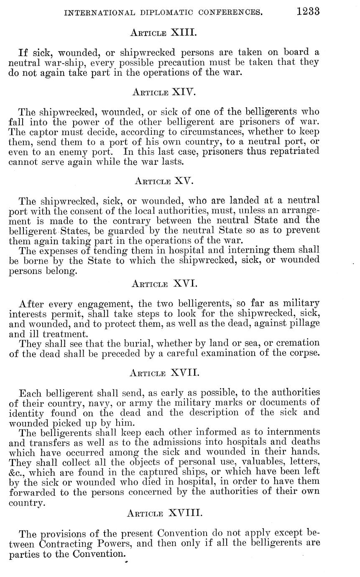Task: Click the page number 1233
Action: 308,11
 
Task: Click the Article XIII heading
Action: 163,32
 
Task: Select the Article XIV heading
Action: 163,91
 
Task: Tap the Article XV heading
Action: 164,181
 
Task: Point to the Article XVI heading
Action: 164,284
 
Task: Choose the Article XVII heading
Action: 164,372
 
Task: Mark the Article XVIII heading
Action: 164,513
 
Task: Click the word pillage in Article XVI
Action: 306,323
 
